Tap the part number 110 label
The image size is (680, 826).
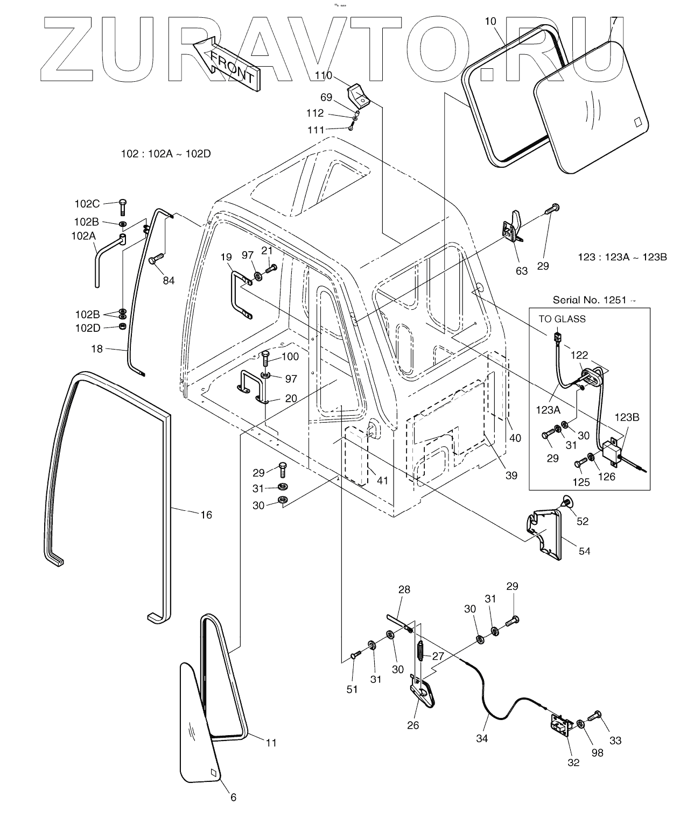pyautogui.click(x=324, y=76)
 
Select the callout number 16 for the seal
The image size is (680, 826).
pyautogui.click(x=206, y=515)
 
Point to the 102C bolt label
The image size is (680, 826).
pyautogui.click(x=87, y=204)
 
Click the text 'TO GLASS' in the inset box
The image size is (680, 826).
pyautogui.click(x=562, y=319)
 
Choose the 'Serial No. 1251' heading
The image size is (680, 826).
pyautogui.click(x=594, y=300)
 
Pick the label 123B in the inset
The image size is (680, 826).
pyautogui.click(x=627, y=417)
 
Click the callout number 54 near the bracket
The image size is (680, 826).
pyautogui.click(x=584, y=551)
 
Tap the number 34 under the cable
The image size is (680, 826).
pyautogui.click(x=482, y=738)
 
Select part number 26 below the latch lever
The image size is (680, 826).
pyautogui.click(x=412, y=725)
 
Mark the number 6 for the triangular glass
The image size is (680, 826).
pyautogui.click(x=233, y=797)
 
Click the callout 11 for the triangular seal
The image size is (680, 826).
pyautogui.click(x=271, y=742)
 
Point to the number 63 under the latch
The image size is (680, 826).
pyautogui.click(x=522, y=270)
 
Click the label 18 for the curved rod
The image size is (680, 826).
pyautogui.click(x=97, y=349)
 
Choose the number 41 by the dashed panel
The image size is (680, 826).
pyautogui.click(x=382, y=480)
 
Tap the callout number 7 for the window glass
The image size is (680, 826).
pyautogui.click(x=614, y=22)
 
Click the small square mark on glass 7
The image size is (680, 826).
pyautogui.click(x=639, y=122)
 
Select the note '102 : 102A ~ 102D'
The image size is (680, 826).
pyautogui.click(x=166, y=154)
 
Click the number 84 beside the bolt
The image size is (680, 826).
pyautogui.click(x=169, y=280)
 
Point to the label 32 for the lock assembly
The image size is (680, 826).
pyautogui.click(x=573, y=762)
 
